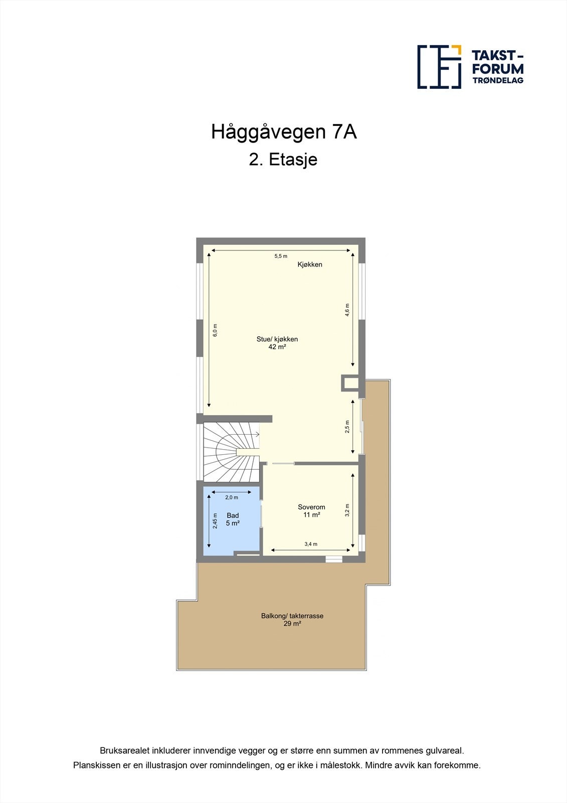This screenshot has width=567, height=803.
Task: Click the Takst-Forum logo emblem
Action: (439, 67)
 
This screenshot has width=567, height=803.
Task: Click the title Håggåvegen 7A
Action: (284, 132)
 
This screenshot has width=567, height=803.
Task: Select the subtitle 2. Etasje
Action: (283, 160)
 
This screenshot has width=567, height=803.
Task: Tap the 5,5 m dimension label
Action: (281, 256)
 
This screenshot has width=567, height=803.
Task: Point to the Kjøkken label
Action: (310, 264)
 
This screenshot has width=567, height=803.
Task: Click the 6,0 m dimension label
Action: (215, 330)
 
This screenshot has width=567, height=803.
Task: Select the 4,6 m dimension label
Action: (347, 309)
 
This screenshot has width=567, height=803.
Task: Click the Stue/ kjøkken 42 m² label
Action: (277, 343)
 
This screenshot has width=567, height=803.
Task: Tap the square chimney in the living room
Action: (350, 383)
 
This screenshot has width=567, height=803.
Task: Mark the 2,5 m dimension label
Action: (347, 427)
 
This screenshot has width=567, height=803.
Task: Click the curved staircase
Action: (231, 451)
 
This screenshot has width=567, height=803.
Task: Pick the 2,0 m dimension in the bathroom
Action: (232, 498)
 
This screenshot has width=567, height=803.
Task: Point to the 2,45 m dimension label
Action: (215, 521)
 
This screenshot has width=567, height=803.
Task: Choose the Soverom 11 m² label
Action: (311, 511)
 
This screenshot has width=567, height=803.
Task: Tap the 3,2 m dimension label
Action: (347, 510)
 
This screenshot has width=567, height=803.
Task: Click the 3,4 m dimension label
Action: (311, 544)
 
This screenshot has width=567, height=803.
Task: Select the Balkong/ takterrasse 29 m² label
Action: (292, 620)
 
